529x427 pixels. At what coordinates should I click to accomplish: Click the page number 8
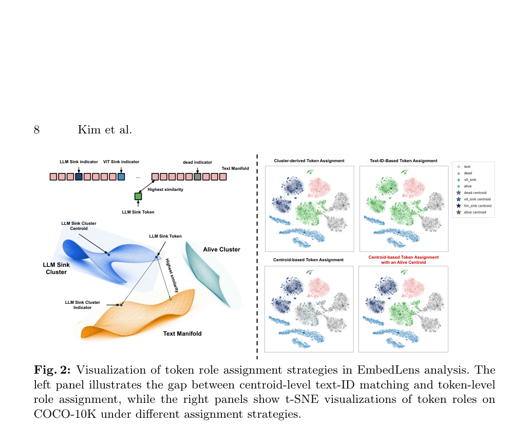point(36,130)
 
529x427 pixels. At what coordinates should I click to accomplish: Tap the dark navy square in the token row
point(79,177)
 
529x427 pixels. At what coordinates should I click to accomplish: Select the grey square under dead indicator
point(197,177)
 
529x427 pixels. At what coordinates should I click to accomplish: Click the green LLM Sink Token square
point(138,196)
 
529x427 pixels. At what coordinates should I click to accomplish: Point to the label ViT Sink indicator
point(121,162)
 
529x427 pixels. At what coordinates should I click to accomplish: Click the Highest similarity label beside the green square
point(165,189)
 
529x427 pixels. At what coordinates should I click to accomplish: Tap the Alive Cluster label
point(221,249)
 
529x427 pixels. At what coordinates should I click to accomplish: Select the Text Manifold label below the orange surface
point(182,334)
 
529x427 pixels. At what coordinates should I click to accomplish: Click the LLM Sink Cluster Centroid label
point(79,226)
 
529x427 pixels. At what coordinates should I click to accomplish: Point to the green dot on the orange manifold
point(171,299)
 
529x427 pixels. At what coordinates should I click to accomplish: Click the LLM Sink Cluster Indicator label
point(83,305)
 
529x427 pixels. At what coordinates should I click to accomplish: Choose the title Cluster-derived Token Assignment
point(309,161)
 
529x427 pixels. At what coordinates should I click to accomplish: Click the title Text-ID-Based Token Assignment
point(404,161)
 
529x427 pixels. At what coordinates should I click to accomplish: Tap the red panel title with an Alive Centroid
point(404,260)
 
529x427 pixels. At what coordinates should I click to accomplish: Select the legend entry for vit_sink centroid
point(474,199)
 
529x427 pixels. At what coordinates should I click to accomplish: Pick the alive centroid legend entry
point(471,212)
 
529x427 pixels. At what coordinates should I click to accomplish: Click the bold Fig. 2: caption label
point(52,370)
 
